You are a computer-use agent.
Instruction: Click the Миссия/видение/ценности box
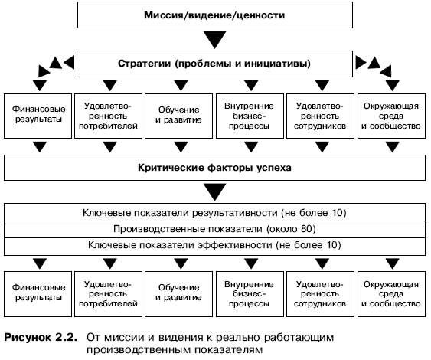coord(215,15)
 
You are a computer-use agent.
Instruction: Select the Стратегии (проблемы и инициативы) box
coord(214,64)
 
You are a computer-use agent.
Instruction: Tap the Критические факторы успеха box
coord(214,168)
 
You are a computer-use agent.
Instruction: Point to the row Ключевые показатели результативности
coord(214,213)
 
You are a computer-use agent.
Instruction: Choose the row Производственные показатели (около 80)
coord(214,229)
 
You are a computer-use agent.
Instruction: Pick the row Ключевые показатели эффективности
coord(214,245)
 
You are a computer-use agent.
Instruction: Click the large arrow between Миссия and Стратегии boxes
coord(215,40)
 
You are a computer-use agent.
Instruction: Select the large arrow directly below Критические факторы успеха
coord(215,192)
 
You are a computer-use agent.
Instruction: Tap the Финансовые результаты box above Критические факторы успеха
coord(38,116)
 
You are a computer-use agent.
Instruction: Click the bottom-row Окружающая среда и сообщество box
coord(391,294)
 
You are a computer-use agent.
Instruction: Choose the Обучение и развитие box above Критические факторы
coord(178,116)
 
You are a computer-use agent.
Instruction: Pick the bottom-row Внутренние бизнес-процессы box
coord(250,294)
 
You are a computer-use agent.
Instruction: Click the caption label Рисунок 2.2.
coord(40,338)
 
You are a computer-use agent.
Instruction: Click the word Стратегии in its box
coord(145,64)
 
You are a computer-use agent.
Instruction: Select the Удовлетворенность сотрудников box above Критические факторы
coord(320,116)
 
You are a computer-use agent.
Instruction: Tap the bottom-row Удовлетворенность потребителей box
coord(108,294)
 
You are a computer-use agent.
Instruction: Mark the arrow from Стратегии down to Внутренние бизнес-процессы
coord(251,85)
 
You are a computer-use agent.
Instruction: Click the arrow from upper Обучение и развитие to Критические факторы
coord(181,147)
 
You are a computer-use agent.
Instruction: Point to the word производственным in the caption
coord(139,350)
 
